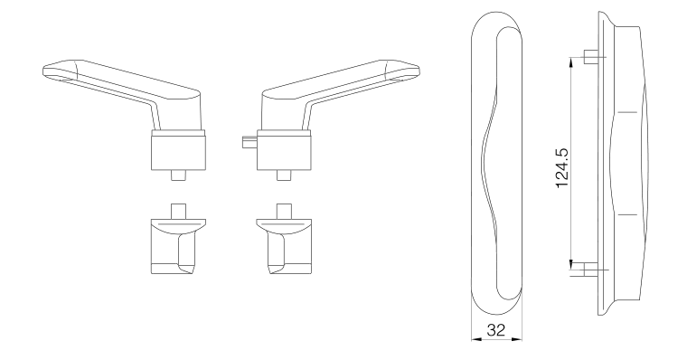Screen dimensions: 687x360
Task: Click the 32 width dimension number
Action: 496,330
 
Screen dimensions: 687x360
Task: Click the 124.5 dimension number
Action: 562,168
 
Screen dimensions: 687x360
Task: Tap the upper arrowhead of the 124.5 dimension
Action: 571,62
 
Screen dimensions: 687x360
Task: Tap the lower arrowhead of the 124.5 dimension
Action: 571,264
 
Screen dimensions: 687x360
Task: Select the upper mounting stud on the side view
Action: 591,57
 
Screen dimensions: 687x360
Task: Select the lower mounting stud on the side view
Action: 591,270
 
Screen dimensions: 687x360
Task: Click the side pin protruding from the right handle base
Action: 249,142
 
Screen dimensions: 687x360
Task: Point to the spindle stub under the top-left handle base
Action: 178,175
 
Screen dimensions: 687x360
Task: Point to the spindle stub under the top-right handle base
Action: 284,175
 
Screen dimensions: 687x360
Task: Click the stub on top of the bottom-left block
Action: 178,211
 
